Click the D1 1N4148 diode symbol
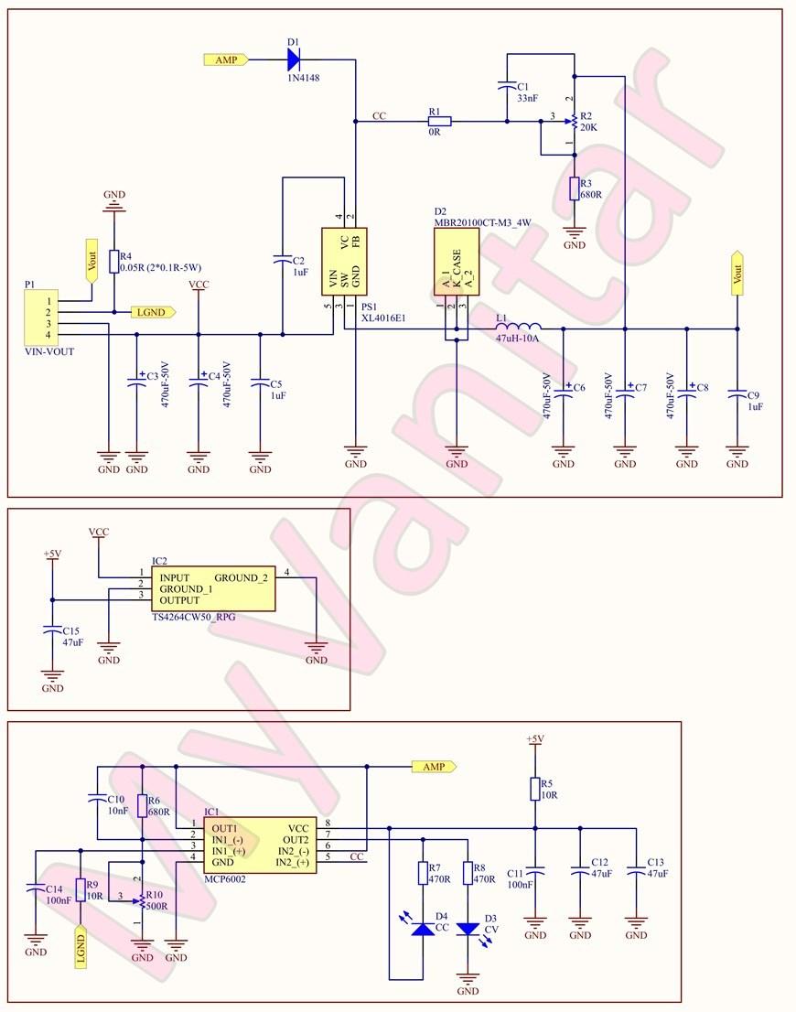coord(293,59)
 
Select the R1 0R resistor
coord(439,120)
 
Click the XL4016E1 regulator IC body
coord(344,260)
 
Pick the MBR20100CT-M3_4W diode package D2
coord(456,260)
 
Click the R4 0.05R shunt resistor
coord(113,261)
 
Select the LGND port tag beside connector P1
coord(153,312)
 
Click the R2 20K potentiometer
coord(574,120)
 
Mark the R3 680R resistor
coord(574,188)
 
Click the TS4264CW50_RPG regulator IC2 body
coord(212,588)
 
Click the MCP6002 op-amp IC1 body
coord(260,845)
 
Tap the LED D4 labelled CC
coord(422,928)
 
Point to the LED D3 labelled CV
coord(468,928)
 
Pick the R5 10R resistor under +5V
coord(535,789)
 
